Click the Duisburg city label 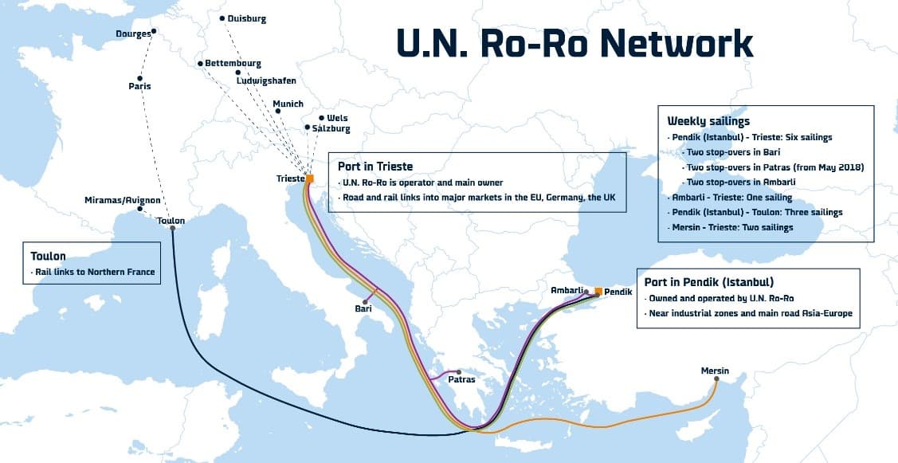(247, 18)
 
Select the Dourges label (132, 33)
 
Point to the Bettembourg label (233, 63)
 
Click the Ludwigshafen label (266, 80)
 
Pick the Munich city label (288, 104)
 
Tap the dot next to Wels (321, 118)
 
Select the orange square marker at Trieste (310, 179)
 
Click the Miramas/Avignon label (123, 200)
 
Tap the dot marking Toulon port (172, 229)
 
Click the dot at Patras (458, 371)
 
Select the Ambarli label (568, 290)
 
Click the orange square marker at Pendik (598, 290)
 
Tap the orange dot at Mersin (716, 379)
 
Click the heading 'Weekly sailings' (708, 121)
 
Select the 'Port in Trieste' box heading (375, 167)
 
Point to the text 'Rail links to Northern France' (95, 272)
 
